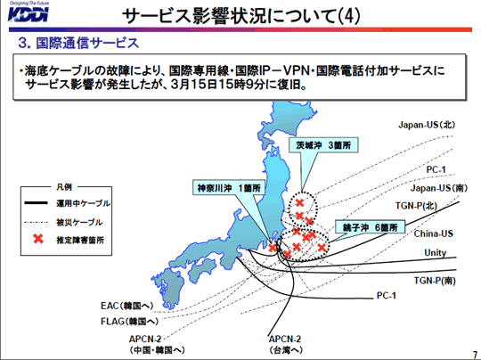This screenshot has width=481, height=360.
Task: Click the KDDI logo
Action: pos(29,12)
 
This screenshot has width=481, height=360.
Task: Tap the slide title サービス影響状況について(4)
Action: pos(241,16)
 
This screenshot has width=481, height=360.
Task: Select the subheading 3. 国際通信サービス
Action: pos(78,43)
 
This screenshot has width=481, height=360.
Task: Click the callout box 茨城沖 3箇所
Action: pos(323,145)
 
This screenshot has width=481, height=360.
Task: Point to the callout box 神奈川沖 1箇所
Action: pos(229,187)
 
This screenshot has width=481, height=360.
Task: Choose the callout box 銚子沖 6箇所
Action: pos(371,227)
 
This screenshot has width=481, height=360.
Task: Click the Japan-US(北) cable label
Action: pos(427,125)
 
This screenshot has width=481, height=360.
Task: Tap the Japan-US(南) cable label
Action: pos(439,188)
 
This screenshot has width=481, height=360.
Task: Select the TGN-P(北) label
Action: pos(416,205)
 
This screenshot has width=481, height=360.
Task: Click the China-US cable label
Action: pos(434,233)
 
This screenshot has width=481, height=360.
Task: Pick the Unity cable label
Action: pos(436,252)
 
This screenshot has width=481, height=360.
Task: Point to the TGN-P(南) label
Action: pos(435,281)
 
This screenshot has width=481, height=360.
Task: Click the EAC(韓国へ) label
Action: pos(127,306)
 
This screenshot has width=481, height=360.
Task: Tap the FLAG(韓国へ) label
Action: pos(130,322)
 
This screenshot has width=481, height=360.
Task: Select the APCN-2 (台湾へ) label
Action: pos(285,344)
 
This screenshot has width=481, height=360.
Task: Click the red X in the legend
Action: pos(38,239)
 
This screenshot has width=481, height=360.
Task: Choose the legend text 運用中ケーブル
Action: pos(83,203)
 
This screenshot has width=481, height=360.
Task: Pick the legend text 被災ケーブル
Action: pos(79,222)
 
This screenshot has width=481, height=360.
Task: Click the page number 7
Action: pos(475,354)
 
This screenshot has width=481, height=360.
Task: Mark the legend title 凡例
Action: pos(64,186)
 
